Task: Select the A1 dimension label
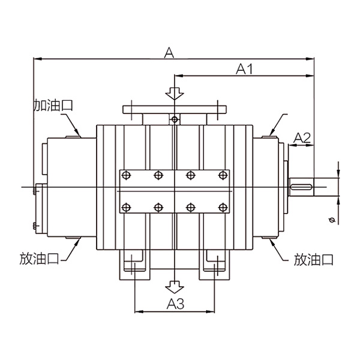(x=244, y=70)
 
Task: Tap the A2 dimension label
(x=302, y=138)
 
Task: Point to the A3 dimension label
(x=174, y=303)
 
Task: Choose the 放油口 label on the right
(x=313, y=259)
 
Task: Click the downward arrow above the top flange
(x=174, y=94)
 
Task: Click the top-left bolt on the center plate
(x=126, y=175)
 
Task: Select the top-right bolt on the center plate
(x=223, y=175)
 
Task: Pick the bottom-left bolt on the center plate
(x=126, y=208)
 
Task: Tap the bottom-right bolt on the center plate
(x=223, y=208)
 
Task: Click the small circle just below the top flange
(x=174, y=119)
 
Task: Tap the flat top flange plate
(x=174, y=110)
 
